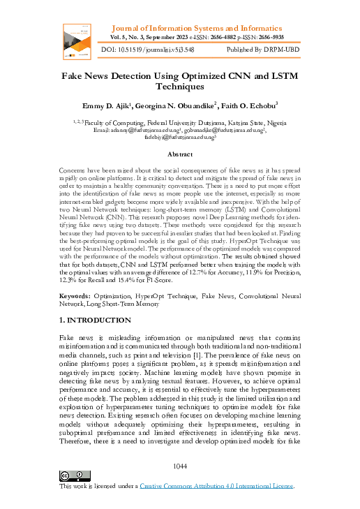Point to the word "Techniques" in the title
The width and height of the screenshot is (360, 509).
(180, 87)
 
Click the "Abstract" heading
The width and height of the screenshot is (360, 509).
(180, 153)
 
